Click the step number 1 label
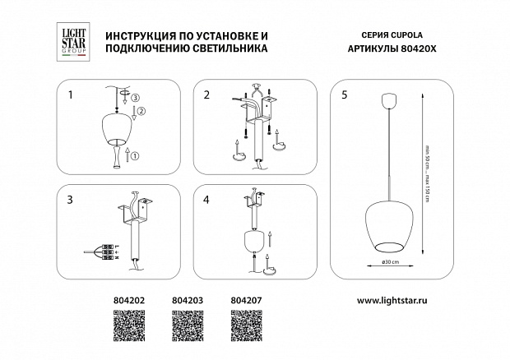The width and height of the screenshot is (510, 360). click(x=71, y=95)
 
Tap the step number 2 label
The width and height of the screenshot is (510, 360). click(x=207, y=95)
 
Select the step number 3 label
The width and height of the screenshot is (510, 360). click(x=71, y=200)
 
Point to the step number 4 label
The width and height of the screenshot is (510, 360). click(x=207, y=200)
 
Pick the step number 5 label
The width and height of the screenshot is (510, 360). click(x=343, y=95)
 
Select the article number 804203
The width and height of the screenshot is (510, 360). click(x=185, y=302)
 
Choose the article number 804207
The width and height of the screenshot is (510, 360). click(x=243, y=302)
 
